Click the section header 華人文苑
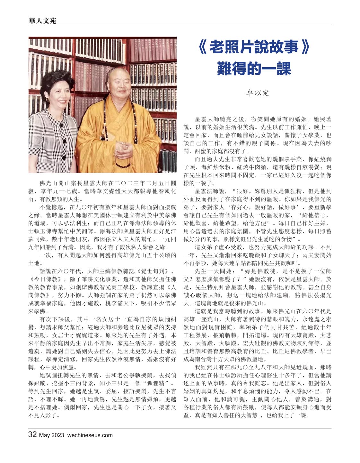[x=42, y=21]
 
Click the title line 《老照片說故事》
[x=254, y=48]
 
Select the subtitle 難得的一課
[x=254, y=68]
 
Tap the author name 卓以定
[x=257, y=93]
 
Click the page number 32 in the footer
[x=32, y=435]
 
